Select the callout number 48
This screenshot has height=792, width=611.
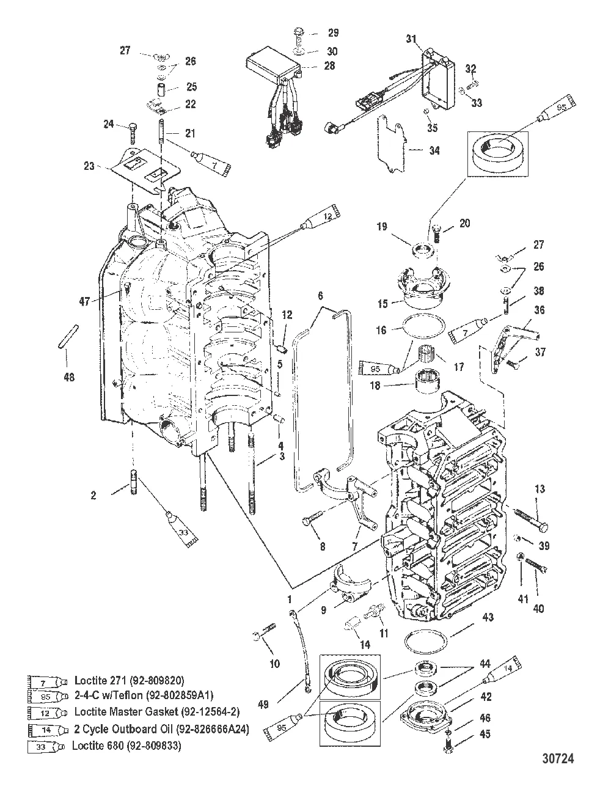click(69, 377)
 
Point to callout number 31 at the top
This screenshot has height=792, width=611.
click(412, 40)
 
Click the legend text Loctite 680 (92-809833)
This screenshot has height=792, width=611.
click(127, 746)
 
